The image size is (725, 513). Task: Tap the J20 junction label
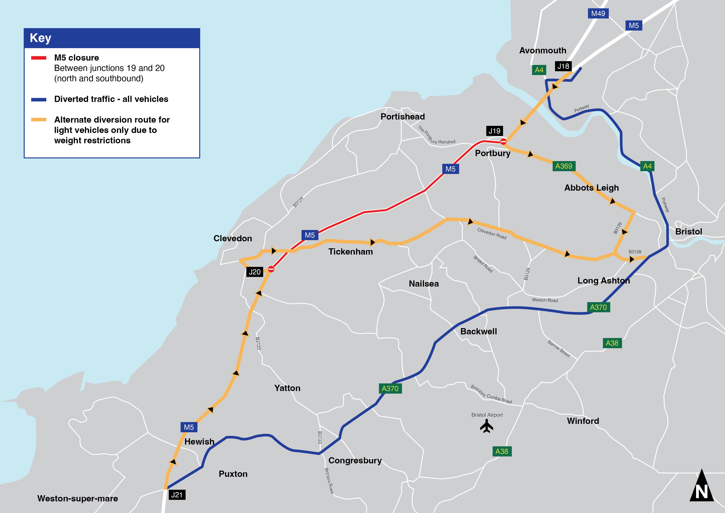254,272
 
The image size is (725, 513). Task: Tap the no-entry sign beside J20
271,269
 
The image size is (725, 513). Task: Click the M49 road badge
598,14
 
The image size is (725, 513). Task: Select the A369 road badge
564,166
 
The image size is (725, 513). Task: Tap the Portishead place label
403,117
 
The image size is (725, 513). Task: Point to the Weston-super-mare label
78,499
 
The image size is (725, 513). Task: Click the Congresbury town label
355,460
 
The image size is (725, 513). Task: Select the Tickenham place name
351,252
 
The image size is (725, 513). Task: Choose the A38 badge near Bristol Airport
502,451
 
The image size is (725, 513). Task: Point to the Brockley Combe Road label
491,394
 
